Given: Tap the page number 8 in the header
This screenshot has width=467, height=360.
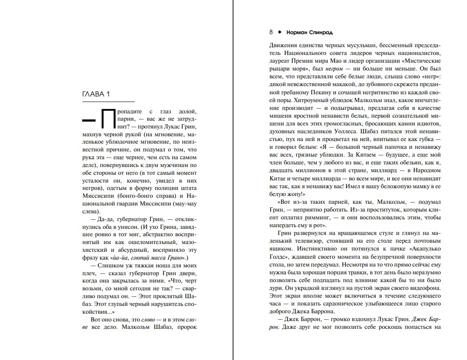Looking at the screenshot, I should tap(271, 32).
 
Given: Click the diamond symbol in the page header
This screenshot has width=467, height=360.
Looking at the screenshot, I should tap(279, 32).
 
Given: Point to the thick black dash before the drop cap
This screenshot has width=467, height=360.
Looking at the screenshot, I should tap(89, 119).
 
